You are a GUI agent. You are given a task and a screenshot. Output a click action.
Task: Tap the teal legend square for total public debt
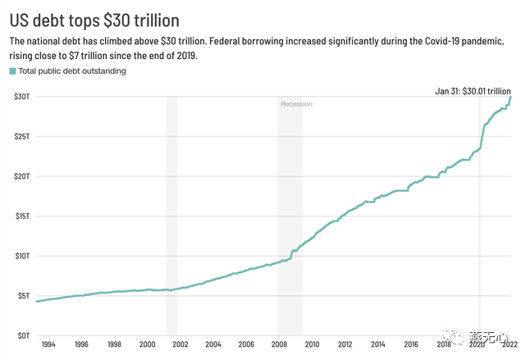click(12, 71)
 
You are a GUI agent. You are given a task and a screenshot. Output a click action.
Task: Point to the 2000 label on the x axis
click(147, 346)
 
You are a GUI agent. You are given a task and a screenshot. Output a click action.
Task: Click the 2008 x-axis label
click(279, 346)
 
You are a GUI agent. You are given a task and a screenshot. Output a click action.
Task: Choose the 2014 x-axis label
click(378, 346)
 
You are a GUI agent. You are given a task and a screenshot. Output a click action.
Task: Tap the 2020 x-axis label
click(477, 346)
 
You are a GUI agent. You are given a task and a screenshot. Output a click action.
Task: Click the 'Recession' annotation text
click(296, 104)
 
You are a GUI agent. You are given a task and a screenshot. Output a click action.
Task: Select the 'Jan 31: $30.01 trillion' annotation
click(472, 90)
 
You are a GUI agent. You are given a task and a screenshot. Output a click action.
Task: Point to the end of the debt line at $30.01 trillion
click(510, 98)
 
